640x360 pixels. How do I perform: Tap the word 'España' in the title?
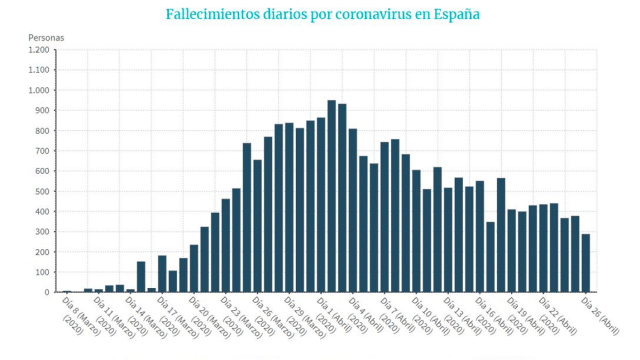coord(451,15)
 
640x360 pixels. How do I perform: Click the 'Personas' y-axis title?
coord(46,37)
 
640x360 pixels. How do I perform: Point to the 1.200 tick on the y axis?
coord(39,50)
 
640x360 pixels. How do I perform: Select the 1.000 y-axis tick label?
coord(39,90)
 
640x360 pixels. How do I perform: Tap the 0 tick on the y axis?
coord(47,292)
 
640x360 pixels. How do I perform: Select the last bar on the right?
coord(586,263)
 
